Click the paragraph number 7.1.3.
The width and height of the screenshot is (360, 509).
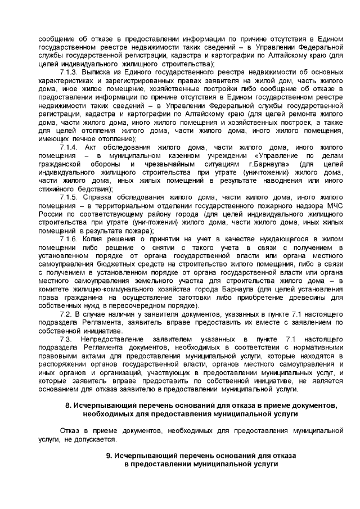tap(69, 73)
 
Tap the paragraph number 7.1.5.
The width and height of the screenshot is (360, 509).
tap(69, 197)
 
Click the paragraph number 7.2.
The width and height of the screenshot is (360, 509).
tap(66, 314)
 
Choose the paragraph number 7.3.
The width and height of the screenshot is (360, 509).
tap(66, 339)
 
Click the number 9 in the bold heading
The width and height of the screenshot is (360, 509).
tap(109, 455)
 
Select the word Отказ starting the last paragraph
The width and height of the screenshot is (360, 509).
tap(70, 430)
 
